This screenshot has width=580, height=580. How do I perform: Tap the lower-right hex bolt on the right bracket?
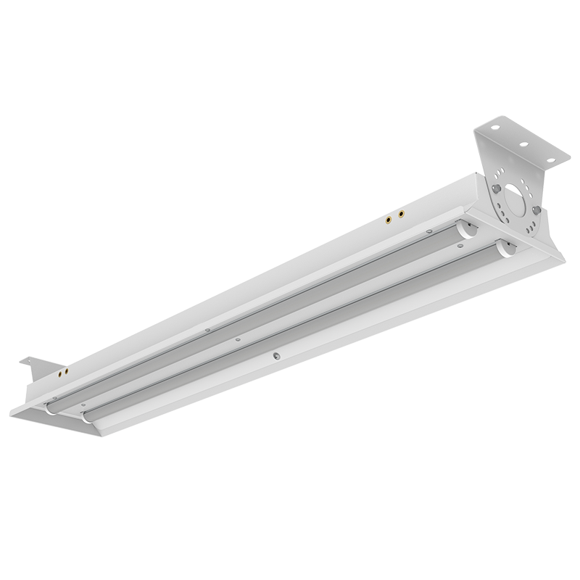pos(536,210)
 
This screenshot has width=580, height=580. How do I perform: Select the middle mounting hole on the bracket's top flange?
pos(521,144)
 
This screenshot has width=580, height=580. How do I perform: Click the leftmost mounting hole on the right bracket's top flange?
pos(497,130)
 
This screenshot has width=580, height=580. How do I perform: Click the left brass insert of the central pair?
pos(389,217)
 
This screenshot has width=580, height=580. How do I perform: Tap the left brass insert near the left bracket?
pos(59,375)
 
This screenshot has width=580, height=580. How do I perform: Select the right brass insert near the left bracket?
pos(68,372)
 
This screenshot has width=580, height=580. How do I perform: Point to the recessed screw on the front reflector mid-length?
pos(275,355)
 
